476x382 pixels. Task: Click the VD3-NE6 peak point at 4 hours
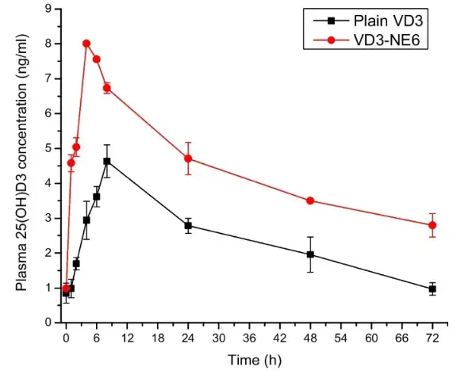(86, 44)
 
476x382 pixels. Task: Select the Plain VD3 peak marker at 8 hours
(107, 161)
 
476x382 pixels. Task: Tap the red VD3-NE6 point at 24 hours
(188, 159)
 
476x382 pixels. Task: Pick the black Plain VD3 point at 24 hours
(188, 226)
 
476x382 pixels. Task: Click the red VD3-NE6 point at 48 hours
(310, 201)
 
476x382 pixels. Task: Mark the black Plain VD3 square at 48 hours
(310, 254)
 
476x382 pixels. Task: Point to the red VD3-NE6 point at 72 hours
(432, 225)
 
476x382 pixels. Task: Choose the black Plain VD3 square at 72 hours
(432, 288)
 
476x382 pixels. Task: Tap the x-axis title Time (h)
(249, 360)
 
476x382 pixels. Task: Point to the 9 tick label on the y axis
(49, 9)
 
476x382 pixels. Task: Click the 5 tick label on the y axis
(49, 148)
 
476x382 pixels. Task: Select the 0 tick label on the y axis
(49, 323)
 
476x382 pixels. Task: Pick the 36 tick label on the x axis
(249, 337)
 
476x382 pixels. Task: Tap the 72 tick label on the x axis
(432, 337)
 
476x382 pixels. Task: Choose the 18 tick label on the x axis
(158, 337)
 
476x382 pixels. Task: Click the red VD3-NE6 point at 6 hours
(97, 59)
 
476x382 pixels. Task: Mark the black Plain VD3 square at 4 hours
(86, 220)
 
